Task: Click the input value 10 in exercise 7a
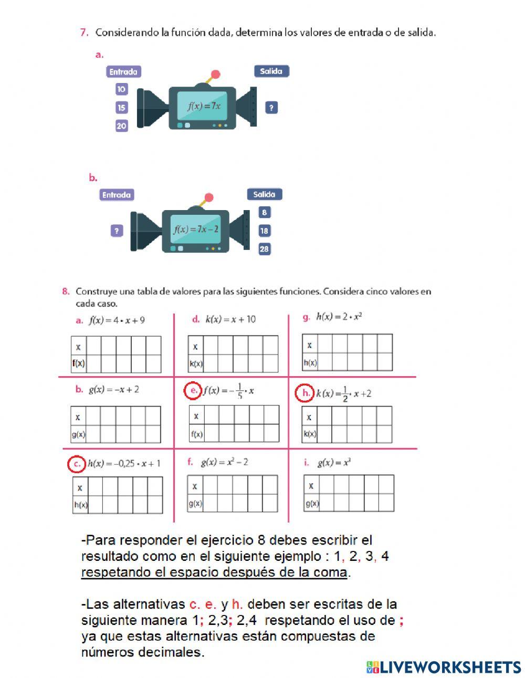[121, 89]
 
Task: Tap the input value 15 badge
[121, 108]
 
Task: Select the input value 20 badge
[121, 126]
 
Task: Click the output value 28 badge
[264, 249]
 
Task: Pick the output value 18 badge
[264, 231]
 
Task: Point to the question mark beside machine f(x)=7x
[271, 108]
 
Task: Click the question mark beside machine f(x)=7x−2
[117, 231]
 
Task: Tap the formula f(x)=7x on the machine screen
[204, 106]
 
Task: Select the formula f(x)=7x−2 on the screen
[196, 230]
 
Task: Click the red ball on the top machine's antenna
[215, 75]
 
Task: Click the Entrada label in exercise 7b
[117, 195]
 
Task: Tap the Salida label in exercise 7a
[271, 71]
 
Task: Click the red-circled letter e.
[193, 391]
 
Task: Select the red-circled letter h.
[304, 393]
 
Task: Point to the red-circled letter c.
[77, 464]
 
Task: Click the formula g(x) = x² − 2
[224, 462]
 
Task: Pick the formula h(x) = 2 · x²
[339, 317]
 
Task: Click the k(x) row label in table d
[195, 363]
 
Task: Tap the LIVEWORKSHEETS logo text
[450, 667]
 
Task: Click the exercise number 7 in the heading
[84, 33]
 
